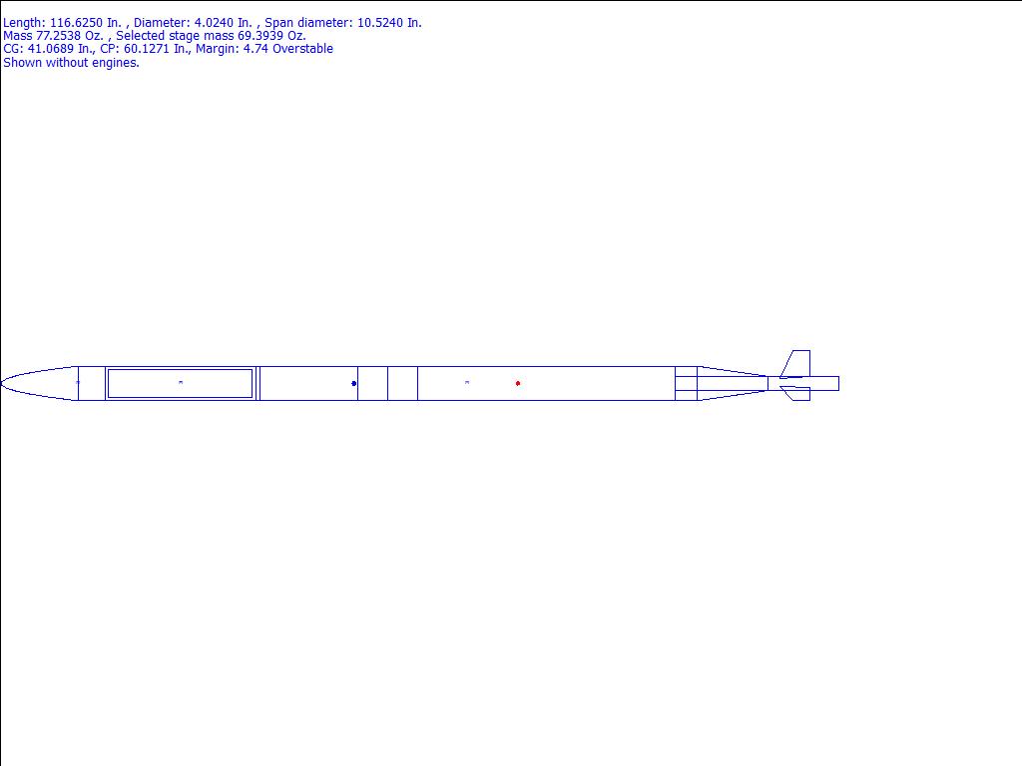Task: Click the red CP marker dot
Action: point(518,383)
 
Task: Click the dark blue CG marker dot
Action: point(354,383)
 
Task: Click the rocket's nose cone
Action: point(40,383)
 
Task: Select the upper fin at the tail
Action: point(795,364)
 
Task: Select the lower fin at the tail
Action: point(795,393)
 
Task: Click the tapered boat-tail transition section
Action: point(732,383)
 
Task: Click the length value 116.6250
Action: point(76,23)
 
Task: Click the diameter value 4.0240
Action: point(214,23)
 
